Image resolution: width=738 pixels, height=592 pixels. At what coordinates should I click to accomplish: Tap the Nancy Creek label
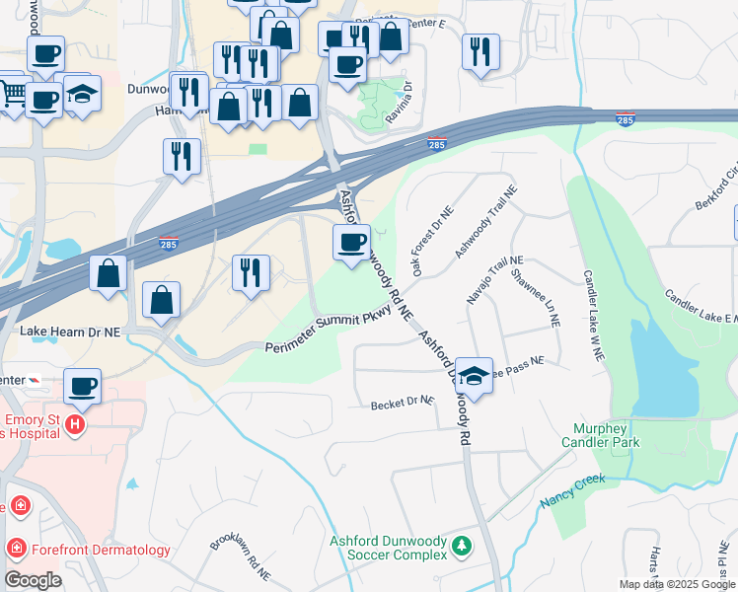point(571,490)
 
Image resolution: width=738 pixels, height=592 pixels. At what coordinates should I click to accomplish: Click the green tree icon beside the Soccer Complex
point(461,545)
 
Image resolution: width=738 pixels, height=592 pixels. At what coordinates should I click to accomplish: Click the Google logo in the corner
point(33,579)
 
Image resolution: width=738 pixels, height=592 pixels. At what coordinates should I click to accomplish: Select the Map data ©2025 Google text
point(676,584)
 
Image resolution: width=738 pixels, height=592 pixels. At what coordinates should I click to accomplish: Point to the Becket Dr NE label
point(403,403)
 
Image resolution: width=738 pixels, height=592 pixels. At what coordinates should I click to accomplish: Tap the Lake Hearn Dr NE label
point(70,334)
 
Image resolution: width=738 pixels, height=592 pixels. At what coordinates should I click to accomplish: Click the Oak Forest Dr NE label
point(432,241)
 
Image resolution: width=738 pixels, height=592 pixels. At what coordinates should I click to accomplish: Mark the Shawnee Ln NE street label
point(537,296)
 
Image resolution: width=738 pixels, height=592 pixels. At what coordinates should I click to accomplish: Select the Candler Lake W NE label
point(591,315)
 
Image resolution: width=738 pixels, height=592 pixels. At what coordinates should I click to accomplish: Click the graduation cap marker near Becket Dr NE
point(475,376)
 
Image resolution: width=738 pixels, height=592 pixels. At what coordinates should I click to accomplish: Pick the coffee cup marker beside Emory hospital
point(83,386)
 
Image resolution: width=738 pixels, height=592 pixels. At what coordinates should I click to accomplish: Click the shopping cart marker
point(12,91)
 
